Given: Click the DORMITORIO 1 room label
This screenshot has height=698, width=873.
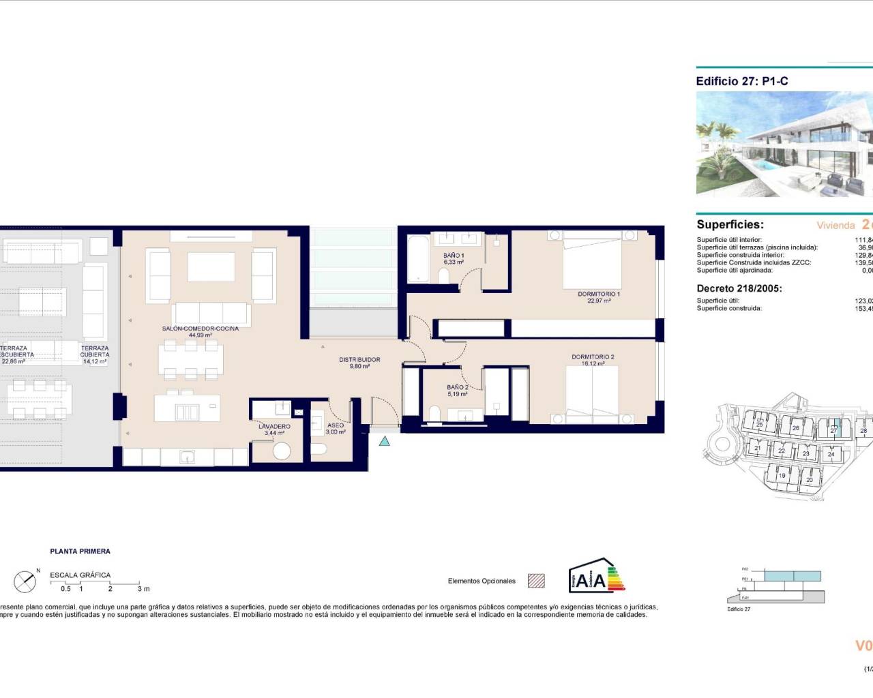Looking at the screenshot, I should [598, 294].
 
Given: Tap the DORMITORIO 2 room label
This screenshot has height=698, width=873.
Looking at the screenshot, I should [593, 357].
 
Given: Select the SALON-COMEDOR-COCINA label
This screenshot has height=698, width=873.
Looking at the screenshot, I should [201, 329].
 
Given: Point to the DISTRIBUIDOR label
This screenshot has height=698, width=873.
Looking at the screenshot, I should [359, 360].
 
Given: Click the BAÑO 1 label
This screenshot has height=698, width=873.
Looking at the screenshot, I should [454, 256].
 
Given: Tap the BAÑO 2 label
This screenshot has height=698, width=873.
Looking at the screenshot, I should [458, 388].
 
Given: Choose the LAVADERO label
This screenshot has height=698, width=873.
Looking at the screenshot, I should [274, 427].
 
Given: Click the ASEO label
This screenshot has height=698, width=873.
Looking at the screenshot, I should [336, 426].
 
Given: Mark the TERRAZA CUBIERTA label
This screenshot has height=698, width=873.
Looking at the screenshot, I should [95, 352].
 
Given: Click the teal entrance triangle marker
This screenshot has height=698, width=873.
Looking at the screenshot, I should [385, 442].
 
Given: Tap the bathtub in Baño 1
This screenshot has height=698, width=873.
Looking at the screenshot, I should [418, 258].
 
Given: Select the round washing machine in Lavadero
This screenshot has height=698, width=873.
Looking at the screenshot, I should [282, 451].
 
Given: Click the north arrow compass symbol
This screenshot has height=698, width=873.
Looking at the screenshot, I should [25, 581].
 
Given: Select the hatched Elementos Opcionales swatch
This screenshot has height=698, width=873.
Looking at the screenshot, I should [537, 581].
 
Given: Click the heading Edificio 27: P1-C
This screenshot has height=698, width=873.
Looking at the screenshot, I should [742, 81].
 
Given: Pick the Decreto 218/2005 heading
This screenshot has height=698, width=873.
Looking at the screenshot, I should [739, 288].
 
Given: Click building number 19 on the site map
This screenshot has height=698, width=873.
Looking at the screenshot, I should [782, 475].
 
